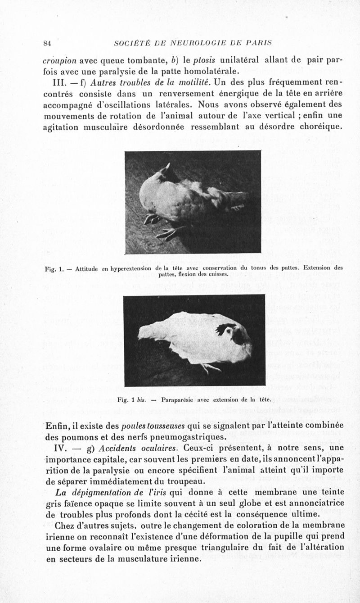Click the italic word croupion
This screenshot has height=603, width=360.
60,61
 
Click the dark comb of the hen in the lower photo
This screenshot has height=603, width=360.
225,329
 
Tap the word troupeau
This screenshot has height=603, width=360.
179,481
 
